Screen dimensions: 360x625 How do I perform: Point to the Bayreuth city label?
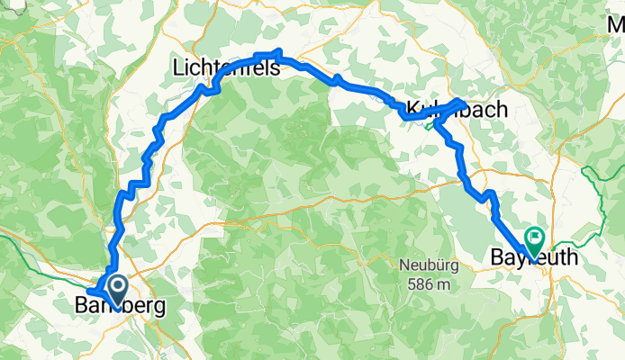[x=534, y=258]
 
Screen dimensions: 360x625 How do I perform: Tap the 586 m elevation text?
[x=427, y=284]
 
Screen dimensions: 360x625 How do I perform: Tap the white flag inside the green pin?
[x=535, y=238]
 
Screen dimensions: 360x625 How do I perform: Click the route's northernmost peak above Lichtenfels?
[x=280, y=51]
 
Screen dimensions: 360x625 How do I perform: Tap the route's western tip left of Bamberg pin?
[x=88, y=292]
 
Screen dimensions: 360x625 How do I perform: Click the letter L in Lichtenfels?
[x=177, y=67]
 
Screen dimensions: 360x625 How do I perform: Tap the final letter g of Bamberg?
[x=159, y=308]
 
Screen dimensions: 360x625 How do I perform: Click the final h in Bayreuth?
[x=571, y=258]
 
